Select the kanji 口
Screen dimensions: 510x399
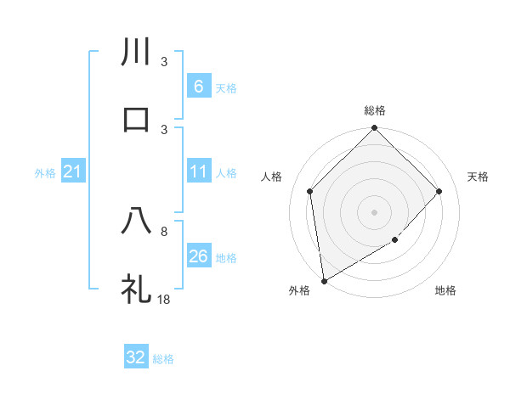[x=136, y=119]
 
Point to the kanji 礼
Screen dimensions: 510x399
[x=136, y=287]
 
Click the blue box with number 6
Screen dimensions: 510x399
[x=198, y=86]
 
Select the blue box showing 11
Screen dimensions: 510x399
[x=198, y=171]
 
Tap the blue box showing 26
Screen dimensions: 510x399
[x=198, y=256]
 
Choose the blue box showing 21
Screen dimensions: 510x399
[x=73, y=172]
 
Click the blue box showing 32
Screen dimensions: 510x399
[x=136, y=357]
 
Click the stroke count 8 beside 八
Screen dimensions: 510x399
[x=165, y=231]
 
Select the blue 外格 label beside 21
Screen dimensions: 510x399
[x=45, y=173]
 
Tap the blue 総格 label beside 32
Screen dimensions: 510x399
[x=163, y=359]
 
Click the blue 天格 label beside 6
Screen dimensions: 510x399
[x=225, y=87]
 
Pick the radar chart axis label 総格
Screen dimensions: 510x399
[x=375, y=110]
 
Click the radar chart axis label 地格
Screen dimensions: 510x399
[x=445, y=290]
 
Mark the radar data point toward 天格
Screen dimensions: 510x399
[x=439, y=191]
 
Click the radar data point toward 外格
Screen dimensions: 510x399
[x=324, y=281]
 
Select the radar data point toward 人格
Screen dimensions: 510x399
[x=310, y=191]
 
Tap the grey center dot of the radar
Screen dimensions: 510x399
[x=375, y=211]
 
